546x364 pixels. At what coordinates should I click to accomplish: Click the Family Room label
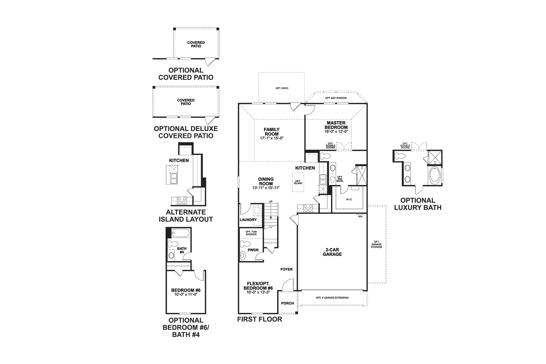tap(271, 132)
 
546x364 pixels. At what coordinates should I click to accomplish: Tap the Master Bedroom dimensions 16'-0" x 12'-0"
tap(336, 132)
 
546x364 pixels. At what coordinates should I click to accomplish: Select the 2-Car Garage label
tap(332, 252)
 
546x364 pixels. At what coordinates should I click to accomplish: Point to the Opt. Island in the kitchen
tap(298, 182)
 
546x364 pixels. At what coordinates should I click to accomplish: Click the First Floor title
tap(260, 319)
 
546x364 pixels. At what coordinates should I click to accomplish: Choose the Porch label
tap(287, 303)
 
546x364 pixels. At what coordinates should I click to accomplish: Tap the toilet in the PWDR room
tap(245, 244)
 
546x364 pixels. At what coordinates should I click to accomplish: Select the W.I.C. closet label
tap(349, 199)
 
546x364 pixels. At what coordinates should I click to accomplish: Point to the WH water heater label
tap(360, 216)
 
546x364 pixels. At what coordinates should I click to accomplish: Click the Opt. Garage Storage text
tap(376, 244)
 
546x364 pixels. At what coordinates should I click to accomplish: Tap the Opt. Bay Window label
tap(336, 98)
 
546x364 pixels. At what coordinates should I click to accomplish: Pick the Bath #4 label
tap(182, 250)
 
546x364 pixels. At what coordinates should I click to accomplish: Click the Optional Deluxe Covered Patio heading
tap(186, 132)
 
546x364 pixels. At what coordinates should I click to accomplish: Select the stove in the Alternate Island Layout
tap(182, 201)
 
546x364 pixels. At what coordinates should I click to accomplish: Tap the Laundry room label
tap(248, 220)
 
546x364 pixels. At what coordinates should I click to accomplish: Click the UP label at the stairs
tap(271, 201)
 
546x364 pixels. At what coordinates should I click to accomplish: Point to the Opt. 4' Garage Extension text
tap(332, 298)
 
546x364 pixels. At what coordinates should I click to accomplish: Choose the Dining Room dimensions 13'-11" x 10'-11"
tap(266, 188)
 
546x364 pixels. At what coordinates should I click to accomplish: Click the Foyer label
tap(286, 269)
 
